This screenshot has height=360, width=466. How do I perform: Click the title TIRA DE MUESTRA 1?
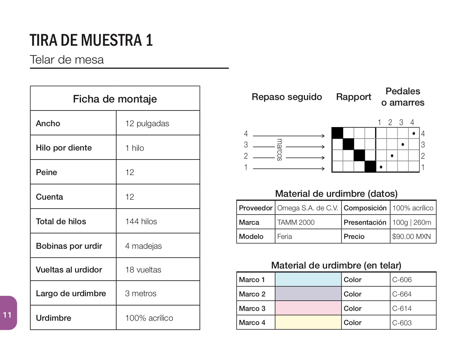[x=91, y=40]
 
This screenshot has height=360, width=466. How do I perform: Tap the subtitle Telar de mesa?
[x=67, y=60]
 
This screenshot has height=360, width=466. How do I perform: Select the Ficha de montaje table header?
[x=115, y=99]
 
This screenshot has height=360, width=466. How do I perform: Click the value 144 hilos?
[x=141, y=221]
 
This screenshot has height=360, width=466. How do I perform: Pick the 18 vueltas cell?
[x=143, y=270]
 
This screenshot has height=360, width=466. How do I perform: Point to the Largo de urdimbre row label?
[x=71, y=293]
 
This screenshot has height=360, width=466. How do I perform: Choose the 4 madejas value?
[x=143, y=246]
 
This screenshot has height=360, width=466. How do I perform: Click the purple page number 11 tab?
[x=8, y=314]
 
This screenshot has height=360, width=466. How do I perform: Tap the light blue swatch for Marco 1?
[x=308, y=280]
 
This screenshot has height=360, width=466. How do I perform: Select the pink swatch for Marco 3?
[x=308, y=308]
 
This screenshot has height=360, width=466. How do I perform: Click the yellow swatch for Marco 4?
[x=308, y=322]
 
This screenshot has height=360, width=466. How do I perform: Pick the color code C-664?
[x=402, y=294]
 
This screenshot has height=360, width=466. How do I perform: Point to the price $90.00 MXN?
[x=411, y=236]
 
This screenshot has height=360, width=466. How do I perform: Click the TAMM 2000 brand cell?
[x=296, y=222]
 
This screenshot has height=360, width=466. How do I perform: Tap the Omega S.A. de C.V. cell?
[x=308, y=208]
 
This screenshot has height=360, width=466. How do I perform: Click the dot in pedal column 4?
[x=414, y=133]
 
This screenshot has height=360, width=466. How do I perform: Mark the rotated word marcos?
[x=279, y=150]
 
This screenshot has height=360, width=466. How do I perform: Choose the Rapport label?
[x=353, y=97]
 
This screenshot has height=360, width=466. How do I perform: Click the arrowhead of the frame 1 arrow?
[x=323, y=169]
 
